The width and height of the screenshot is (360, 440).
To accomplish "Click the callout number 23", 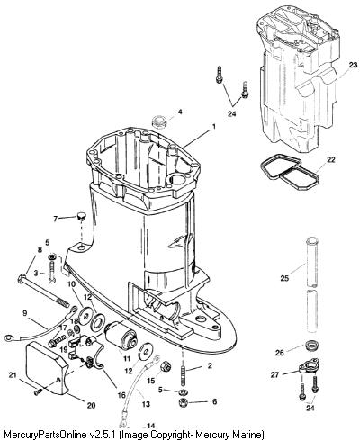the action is pyautogui.click(x=354, y=65).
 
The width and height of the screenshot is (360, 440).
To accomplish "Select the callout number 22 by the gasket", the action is pyautogui.click(x=330, y=160).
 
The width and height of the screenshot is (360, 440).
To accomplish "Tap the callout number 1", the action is pyautogui.click(x=214, y=127).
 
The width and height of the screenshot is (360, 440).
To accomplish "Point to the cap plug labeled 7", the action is pyautogui.click(x=81, y=216).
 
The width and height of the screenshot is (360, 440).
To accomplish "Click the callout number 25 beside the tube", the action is pyautogui.click(x=284, y=278).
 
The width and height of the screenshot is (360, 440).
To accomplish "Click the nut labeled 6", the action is pyautogui.click(x=183, y=402).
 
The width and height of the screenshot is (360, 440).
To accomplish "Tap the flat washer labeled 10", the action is pyautogui.click(x=85, y=315).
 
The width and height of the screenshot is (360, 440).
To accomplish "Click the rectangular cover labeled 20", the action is pyautogui.click(x=48, y=369).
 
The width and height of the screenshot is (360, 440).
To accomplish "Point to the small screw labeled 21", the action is pyautogui.click(x=39, y=391).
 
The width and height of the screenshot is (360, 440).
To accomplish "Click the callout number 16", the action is pyautogui.click(x=121, y=395).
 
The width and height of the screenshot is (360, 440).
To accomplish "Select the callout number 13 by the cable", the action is pyautogui.click(x=146, y=404).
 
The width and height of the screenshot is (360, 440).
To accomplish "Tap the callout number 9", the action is pyautogui.click(x=24, y=313).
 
